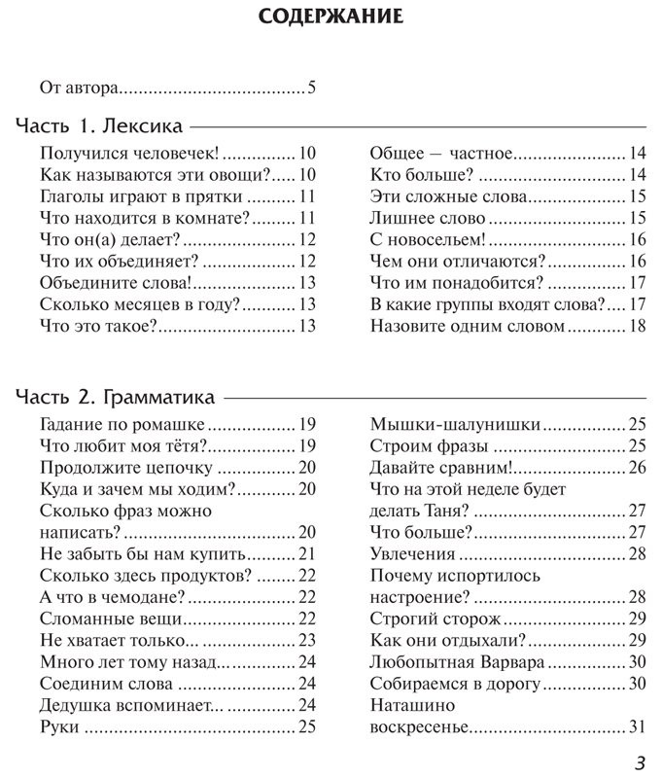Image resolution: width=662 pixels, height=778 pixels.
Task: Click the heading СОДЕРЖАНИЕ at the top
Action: click(331, 18)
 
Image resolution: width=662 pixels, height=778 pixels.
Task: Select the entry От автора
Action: click(79, 88)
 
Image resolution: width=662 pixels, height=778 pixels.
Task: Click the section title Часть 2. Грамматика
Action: click(117, 398)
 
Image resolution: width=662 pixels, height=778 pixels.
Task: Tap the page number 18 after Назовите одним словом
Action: click(638, 327)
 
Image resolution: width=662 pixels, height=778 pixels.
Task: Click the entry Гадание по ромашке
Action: click(122, 425)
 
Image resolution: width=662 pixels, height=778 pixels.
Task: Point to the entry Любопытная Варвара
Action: click(457, 662)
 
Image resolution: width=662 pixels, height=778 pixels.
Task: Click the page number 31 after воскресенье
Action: click(638, 726)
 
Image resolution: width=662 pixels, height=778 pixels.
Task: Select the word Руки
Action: click(59, 726)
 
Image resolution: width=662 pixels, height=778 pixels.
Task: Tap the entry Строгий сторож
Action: click(436, 619)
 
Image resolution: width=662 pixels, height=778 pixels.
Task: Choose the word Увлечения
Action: click(412, 554)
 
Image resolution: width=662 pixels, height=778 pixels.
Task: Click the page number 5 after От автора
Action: click(312, 88)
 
